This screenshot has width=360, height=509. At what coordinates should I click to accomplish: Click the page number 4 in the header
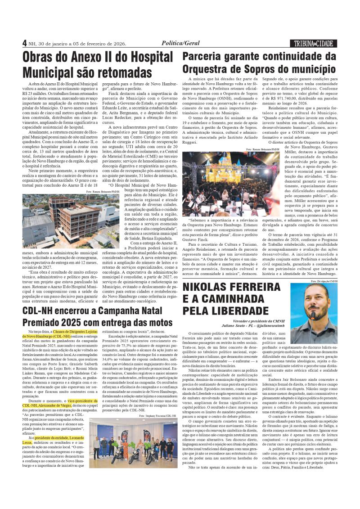click(24, 43)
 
